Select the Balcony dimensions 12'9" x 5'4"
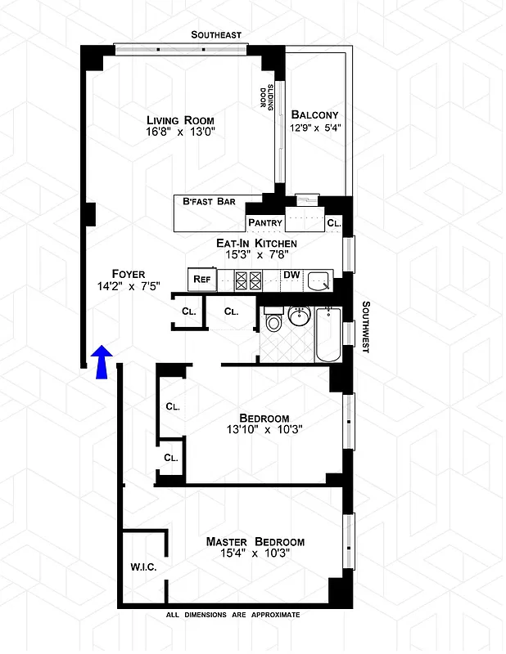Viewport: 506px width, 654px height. tap(314, 128)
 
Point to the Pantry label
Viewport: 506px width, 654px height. tap(264, 222)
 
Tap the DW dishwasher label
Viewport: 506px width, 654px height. tap(291, 275)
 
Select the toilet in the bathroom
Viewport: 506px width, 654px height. tap(274, 320)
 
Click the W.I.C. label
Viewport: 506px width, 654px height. tap(142, 567)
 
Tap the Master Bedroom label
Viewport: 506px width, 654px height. tap(255, 542)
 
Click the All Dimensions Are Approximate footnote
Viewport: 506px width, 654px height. tap(233, 615)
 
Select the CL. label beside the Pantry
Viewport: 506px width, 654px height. tap(333, 222)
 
